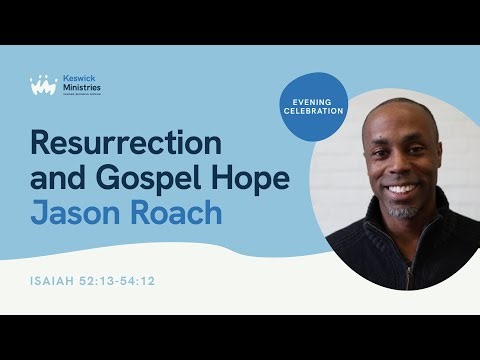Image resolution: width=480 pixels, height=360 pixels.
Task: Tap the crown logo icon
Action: click(x=43, y=86)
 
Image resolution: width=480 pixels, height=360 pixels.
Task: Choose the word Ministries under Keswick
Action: click(x=82, y=89)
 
